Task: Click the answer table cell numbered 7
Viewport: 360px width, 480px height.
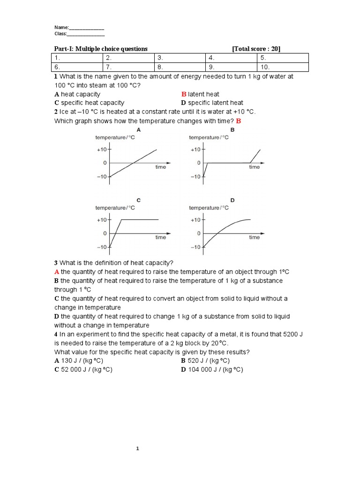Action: click(x=128, y=67)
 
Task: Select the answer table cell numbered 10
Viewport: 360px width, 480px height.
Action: click(x=283, y=67)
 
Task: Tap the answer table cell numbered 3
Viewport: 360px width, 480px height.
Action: click(x=180, y=58)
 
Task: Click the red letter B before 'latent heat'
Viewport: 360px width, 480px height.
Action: click(x=184, y=94)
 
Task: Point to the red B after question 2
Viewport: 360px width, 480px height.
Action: click(x=238, y=121)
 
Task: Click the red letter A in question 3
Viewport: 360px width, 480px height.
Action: click(x=57, y=272)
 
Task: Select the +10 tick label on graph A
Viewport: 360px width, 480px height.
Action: click(x=102, y=150)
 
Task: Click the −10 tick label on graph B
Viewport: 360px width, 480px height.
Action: click(x=195, y=177)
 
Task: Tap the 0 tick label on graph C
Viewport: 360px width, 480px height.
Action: click(x=105, y=233)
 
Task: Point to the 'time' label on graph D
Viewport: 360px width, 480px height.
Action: click(x=254, y=237)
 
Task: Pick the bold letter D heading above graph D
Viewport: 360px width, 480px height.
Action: click(x=232, y=200)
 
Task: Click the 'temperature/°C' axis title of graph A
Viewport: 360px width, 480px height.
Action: click(x=115, y=137)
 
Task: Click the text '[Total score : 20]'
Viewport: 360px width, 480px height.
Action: click(x=256, y=49)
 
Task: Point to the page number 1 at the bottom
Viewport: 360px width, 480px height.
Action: click(x=138, y=449)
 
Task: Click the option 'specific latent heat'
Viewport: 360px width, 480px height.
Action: click(x=216, y=103)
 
